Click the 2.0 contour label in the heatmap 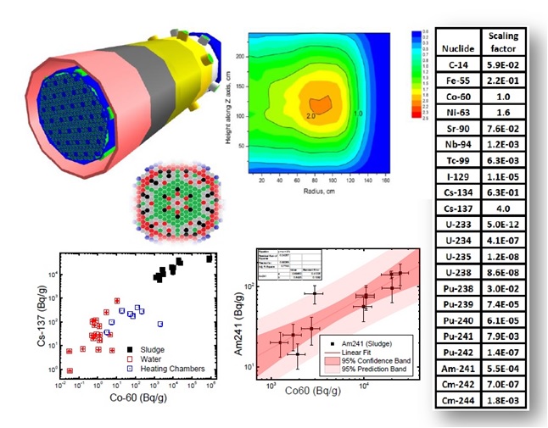(311, 114)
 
